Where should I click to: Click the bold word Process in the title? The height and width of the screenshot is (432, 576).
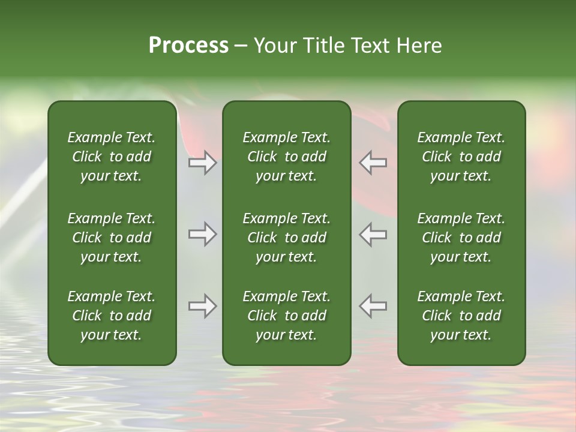click(x=188, y=46)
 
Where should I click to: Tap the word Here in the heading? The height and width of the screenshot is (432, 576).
click(x=419, y=46)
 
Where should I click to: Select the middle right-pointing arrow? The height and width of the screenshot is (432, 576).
click(x=202, y=234)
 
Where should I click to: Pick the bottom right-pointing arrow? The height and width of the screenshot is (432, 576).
click(x=202, y=306)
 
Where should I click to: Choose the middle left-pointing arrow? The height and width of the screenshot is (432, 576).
click(x=373, y=234)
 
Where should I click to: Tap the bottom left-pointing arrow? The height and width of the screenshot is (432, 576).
click(x=373, y=306)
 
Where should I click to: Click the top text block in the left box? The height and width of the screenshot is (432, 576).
click(x=112, y=157)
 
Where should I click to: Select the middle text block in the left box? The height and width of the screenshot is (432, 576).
click(x=112, y=238)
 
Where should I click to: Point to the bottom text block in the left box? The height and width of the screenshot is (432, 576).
click(x=112, y=316)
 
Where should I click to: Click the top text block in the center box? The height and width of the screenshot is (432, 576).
click(x=287, y=157)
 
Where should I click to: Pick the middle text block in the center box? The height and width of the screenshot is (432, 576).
click(x=287, y=238)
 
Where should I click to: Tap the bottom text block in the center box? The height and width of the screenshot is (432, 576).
click(x=287, y=316)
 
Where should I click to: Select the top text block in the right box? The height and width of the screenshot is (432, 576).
click(x=461, y=157)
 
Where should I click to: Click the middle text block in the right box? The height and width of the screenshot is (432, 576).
click(x=461, y=238)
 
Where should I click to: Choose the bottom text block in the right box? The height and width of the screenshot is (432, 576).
click(x=461, y=316)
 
